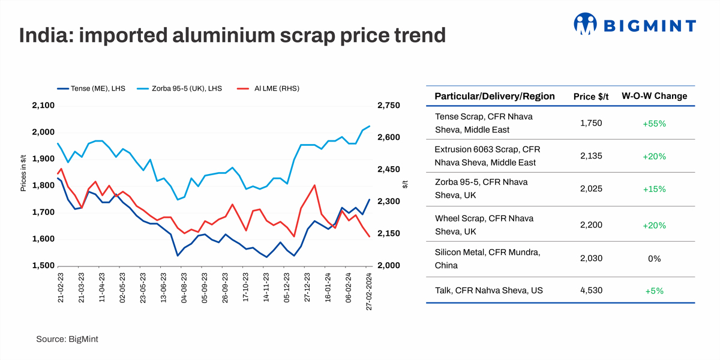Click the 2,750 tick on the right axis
click(388, 106)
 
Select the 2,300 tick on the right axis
click(388, 202)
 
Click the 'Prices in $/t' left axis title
click(23, 172)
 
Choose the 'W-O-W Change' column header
click(654, 96)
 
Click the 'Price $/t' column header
click(591, 97)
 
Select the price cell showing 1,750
click(591, 123)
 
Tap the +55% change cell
click(654, 124)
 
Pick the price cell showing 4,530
click(591, 290)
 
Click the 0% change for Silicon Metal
click(654, 259)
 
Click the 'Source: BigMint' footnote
click(67, 339)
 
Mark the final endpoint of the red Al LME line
click(369, 237)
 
